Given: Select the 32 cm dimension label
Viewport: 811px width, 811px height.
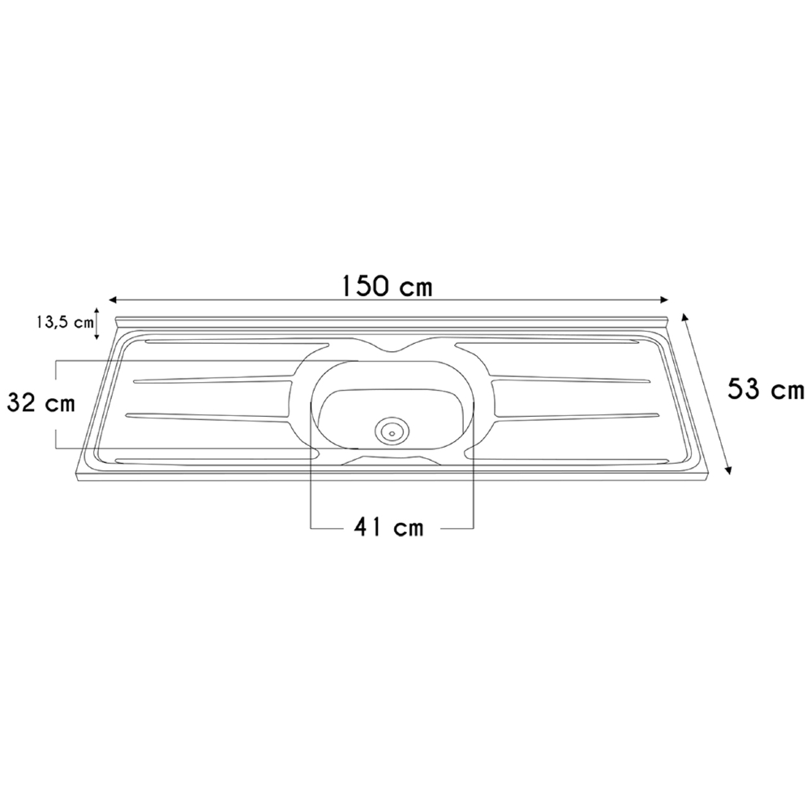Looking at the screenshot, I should pos(39,401).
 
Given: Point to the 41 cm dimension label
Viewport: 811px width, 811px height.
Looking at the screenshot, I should pos(388,528).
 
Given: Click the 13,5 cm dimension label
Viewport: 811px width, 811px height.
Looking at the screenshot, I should pos(64,322).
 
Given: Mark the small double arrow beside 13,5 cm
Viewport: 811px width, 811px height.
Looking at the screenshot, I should pos(98,322).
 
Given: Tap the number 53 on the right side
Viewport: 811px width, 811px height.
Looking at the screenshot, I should pos(744,390).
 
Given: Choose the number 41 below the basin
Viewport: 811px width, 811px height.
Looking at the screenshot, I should pos(367,528).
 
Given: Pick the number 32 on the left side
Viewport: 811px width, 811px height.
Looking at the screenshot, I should pos(19,401).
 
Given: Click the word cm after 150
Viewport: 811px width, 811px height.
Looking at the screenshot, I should pos(413,287).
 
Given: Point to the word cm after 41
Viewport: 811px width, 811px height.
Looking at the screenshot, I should pos(409,529).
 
